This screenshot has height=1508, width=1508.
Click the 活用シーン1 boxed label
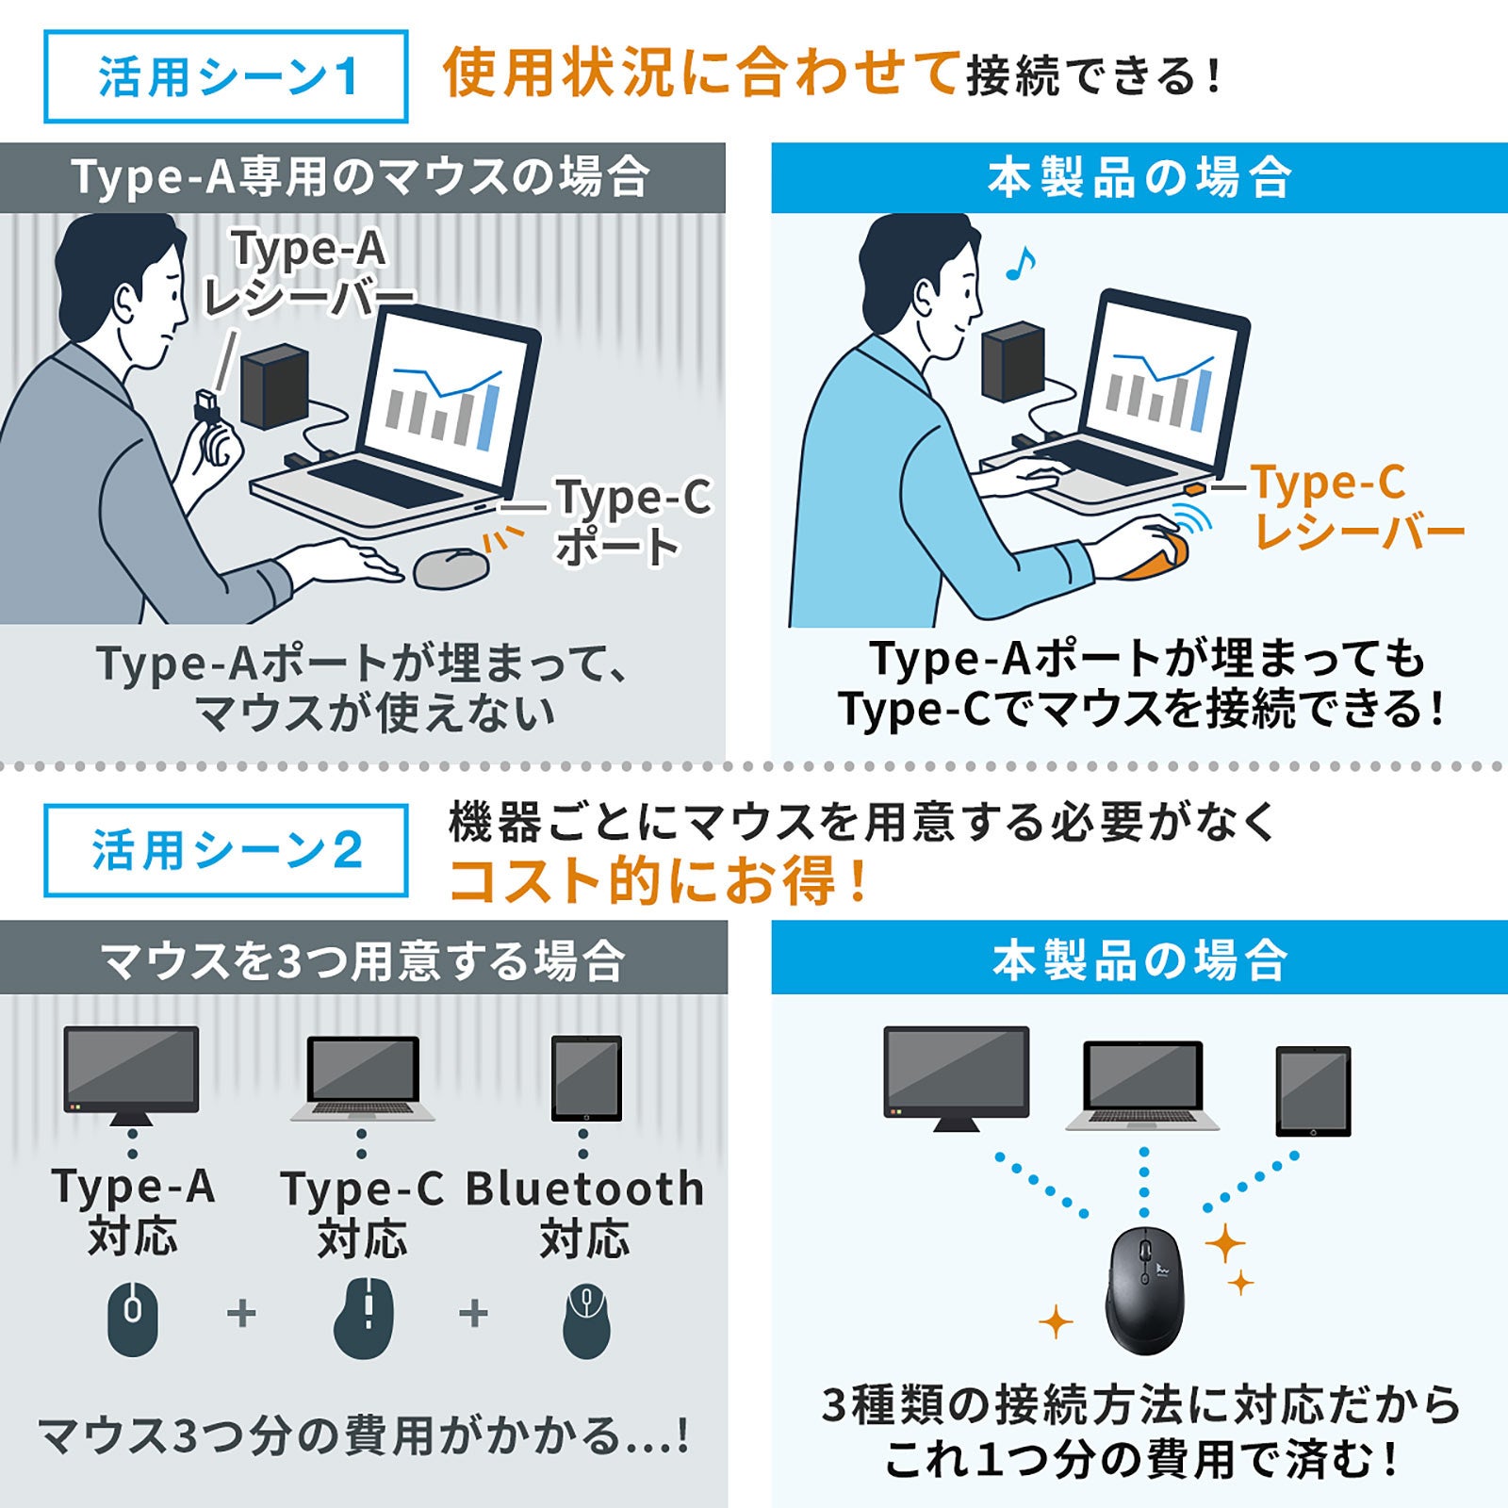point(226,76)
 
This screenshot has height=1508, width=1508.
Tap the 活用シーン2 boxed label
point(226,850)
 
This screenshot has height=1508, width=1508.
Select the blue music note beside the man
point(1020,263)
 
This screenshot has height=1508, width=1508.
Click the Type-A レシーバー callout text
point(309,274)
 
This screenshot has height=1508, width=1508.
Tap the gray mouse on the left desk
point(451,567)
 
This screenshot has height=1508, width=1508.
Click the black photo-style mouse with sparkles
point(1144,1289)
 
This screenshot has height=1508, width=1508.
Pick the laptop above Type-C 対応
point(363,1078)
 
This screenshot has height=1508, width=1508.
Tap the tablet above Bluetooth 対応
point(586,1077)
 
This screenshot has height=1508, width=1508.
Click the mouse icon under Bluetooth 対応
point(586,1319)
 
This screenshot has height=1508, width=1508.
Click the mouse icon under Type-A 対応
point(133,1318)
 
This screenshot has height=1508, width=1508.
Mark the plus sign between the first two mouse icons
point(242,1313)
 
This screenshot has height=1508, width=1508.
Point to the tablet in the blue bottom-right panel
point(1313,1090)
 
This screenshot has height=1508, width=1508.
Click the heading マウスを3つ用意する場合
point(363,960)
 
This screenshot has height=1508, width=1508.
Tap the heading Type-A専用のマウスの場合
point(361,177)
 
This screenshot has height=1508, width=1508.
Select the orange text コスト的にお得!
point(658,880)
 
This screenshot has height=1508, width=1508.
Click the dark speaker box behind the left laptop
point(274,387)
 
